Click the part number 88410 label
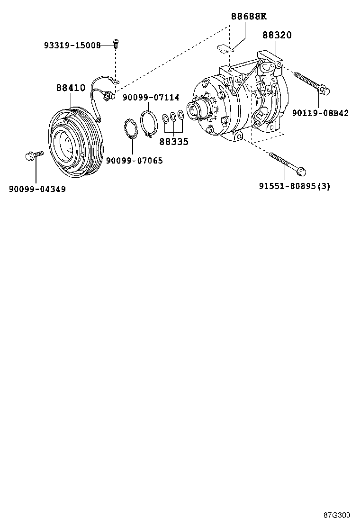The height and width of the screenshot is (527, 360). point(71,88)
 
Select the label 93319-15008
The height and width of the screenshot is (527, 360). point(72,45)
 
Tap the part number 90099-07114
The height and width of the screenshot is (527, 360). point(151,98)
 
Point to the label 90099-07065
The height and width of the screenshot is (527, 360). point(134,161)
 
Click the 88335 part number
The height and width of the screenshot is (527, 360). point(173,141)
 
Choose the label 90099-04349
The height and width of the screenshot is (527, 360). point(37,189)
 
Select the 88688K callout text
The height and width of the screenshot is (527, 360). point(249,17)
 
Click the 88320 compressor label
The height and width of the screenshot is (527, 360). point(277,35)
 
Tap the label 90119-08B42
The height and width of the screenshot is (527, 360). point(320,113)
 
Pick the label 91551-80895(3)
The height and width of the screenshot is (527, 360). point(294,186)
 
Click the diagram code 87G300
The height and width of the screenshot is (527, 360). point(337,515)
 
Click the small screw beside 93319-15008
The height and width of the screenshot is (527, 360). point(115,44)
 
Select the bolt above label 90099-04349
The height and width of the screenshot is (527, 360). point(33,155)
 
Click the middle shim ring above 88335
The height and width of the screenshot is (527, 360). point(173,117)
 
